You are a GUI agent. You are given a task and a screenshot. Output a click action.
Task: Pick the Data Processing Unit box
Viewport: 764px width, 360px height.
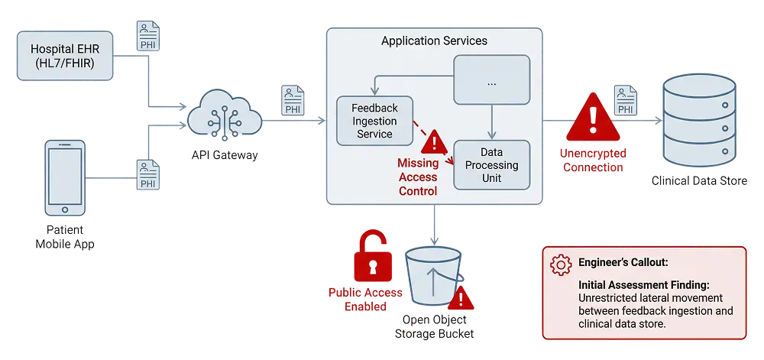tap(490, 164)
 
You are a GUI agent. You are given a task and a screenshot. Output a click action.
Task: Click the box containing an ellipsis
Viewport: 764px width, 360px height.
tap(491, 79)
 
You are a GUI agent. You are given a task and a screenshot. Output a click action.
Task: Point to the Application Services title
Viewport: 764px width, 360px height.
tap(434, 41)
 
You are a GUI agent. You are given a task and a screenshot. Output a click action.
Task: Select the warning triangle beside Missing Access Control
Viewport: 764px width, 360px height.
tap(434, 141)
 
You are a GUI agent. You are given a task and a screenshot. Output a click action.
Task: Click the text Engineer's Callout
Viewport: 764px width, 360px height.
tap(623, 262)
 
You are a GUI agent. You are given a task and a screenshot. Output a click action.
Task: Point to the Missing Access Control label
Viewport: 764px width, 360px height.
tap(417, 177)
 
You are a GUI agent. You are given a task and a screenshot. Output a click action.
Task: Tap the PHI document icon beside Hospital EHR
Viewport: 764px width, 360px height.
tap(148, 35)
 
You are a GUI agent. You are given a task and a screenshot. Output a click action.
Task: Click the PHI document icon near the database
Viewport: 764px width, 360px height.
tap(625, 100)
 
